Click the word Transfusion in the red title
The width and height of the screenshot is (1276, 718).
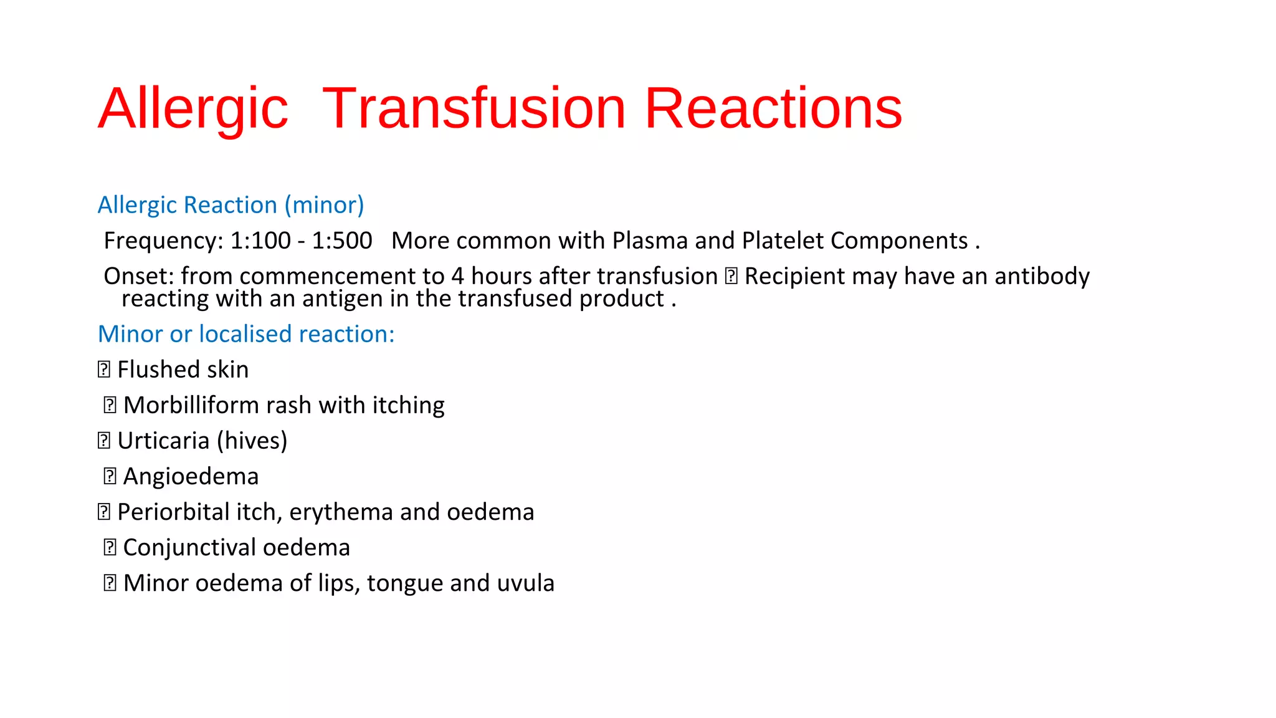474,108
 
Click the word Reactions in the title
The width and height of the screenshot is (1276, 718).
773,108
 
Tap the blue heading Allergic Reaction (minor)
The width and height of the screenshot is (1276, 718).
231,205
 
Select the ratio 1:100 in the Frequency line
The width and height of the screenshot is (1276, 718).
260,241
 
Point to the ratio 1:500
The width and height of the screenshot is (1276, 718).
341,241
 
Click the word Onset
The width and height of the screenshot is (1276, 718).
138,276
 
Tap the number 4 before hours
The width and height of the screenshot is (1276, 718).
458,276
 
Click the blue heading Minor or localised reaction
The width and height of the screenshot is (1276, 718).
246,334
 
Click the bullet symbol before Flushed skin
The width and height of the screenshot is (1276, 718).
104,370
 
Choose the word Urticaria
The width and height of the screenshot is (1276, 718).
163,441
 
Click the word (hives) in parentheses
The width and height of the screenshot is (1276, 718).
252,441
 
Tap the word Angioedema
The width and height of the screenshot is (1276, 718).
191,477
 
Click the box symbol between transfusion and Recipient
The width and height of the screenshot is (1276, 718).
731,276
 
